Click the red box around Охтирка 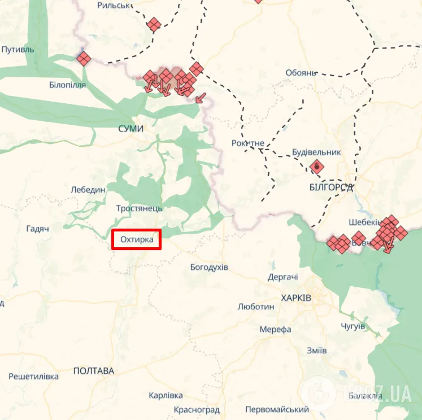coord(137,240)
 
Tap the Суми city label coord(130,129)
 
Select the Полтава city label coord(93,371)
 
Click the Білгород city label coord(331,187)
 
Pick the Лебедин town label coord(88,190)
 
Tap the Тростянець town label coord(139,208)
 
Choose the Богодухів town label coord(209,266)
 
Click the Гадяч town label coord(38,229)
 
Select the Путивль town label coord(18,50)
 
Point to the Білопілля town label coord(67,85)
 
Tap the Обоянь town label coord(301,73)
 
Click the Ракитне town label coord(247,143)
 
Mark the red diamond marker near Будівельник coord(317,167)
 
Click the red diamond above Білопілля coord(84,58)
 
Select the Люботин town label coord(256,307)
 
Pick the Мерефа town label coord(275,329)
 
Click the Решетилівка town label coord(33,376)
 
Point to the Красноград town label coord(196,409)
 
